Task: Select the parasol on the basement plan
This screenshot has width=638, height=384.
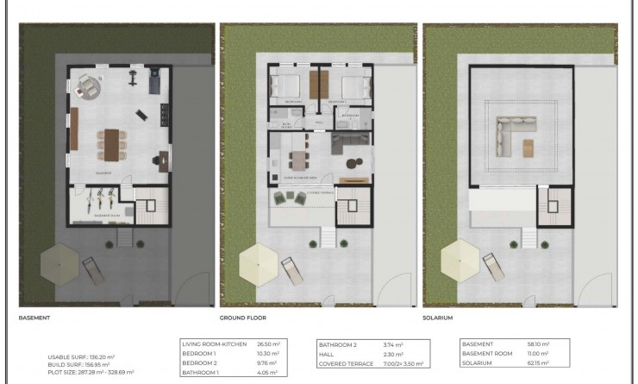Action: pyautogui.click(x=59, y=258)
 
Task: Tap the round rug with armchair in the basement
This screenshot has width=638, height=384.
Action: pyautogui.click(x=89, y=85)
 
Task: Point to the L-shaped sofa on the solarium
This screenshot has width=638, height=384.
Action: pyautogui.click(x=504, y=134)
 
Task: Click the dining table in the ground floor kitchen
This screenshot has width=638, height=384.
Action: pyautogui.click(x=297, y=159)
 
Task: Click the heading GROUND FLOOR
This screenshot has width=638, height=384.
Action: pyautogui.click(x=243, y=318)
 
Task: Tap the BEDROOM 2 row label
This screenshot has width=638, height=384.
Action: pyautogui.click(x=200, y=363)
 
